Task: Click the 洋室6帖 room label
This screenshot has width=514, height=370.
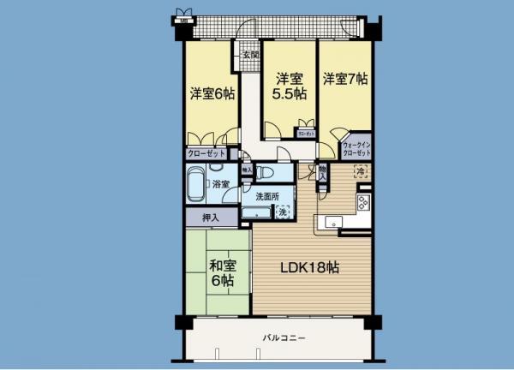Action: pos(212,95)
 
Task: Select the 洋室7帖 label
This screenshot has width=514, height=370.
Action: pos(345,79)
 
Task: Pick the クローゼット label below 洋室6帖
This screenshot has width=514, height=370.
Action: pos(206,154)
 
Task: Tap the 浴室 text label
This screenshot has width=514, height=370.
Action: pos(220,184)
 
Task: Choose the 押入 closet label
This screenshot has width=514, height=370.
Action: pos(210,218)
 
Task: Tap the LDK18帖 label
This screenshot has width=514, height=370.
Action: pos(311,267)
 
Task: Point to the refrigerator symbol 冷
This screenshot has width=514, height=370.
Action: pos(361,171)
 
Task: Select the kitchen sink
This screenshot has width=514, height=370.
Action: pos(330,224)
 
